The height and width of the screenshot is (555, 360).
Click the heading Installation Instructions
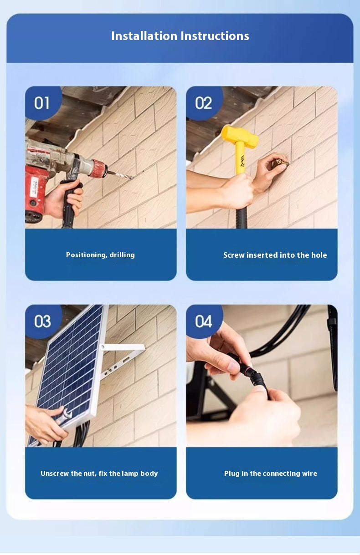(x=180, y=36)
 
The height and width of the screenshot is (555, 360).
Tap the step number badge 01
(x=42, y=103)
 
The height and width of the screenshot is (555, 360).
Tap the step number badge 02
(x=203, y=103)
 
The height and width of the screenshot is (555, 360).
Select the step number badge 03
(x=42, y=321)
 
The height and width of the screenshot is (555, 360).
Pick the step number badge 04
(x=203, y=321)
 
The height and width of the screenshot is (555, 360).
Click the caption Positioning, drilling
(x=100, y=255)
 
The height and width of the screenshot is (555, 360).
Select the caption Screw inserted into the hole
(x=275, y=255)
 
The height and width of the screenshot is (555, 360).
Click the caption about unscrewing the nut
(x=99, y=474)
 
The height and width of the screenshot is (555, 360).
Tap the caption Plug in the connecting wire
(x=270, y=474)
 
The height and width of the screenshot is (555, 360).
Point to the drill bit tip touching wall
(x=134, y=178)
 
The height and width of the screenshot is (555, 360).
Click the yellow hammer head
(x=240, y=135)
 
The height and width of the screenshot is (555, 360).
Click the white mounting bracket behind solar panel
(x=123, y=348)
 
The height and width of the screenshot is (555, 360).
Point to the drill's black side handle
(x=69, y=205)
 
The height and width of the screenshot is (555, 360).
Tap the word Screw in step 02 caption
(x=234, y=255)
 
